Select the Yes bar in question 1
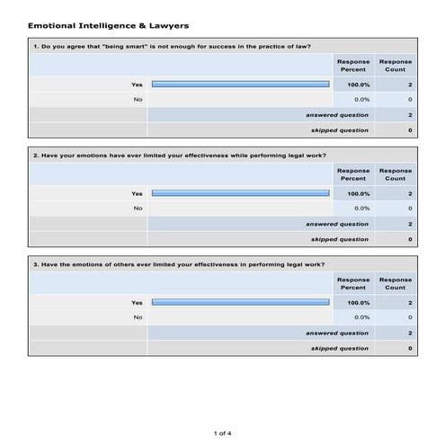[240, 85]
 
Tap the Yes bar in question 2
[240, 193]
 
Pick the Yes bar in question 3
[240, 302]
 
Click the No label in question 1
[138, 99]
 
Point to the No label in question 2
[138, 208]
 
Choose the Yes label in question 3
[137, 302]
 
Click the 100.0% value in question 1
[358, 85]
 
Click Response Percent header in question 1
[352, 66]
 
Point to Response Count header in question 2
[396, 174]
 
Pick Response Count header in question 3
[396, 283]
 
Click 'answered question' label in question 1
[336, 115]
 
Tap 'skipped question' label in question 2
[339, 239]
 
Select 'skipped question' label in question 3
[339, 348]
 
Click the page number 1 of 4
[222, 433]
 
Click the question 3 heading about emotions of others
[178, 263]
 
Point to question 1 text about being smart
[172, 46]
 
